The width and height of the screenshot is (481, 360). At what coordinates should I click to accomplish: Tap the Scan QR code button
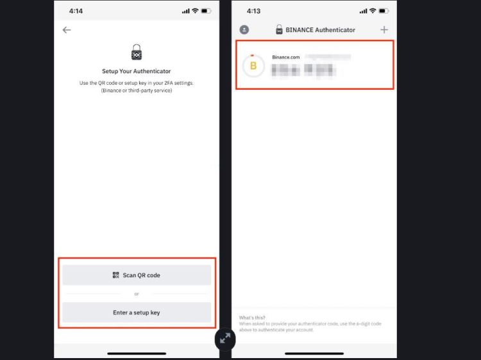tap(136, 275)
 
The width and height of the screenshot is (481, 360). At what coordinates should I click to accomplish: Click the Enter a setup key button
tap(136, 313)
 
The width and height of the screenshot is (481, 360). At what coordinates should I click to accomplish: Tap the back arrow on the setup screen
tap(67, 30)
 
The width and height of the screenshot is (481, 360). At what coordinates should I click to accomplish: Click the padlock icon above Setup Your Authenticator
tap(136, 53)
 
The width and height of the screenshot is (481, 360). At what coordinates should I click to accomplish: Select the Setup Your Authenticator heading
tap(136, 71)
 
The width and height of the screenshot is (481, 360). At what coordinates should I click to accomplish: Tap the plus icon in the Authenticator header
tap(384, 30)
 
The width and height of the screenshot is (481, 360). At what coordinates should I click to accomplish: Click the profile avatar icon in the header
tap(244, 30)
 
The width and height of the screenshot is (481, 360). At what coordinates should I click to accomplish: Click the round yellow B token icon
tap(253, 65)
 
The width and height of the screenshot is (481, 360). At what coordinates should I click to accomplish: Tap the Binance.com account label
tap(285, 57)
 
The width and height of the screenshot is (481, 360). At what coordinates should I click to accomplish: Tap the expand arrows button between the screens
tap(225, 339)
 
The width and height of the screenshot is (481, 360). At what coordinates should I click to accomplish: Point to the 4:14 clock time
tap(76, 11)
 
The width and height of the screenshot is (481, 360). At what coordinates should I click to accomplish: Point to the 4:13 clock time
tap(253, 11)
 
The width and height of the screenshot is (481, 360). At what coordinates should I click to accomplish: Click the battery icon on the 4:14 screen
tap(206, 11)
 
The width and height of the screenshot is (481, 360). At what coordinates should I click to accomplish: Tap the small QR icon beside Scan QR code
tap(115, 275)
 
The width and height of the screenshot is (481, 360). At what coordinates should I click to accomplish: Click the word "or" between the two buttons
tap(136, 294)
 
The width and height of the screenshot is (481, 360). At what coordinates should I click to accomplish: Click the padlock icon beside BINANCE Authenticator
tap(279, 30)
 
